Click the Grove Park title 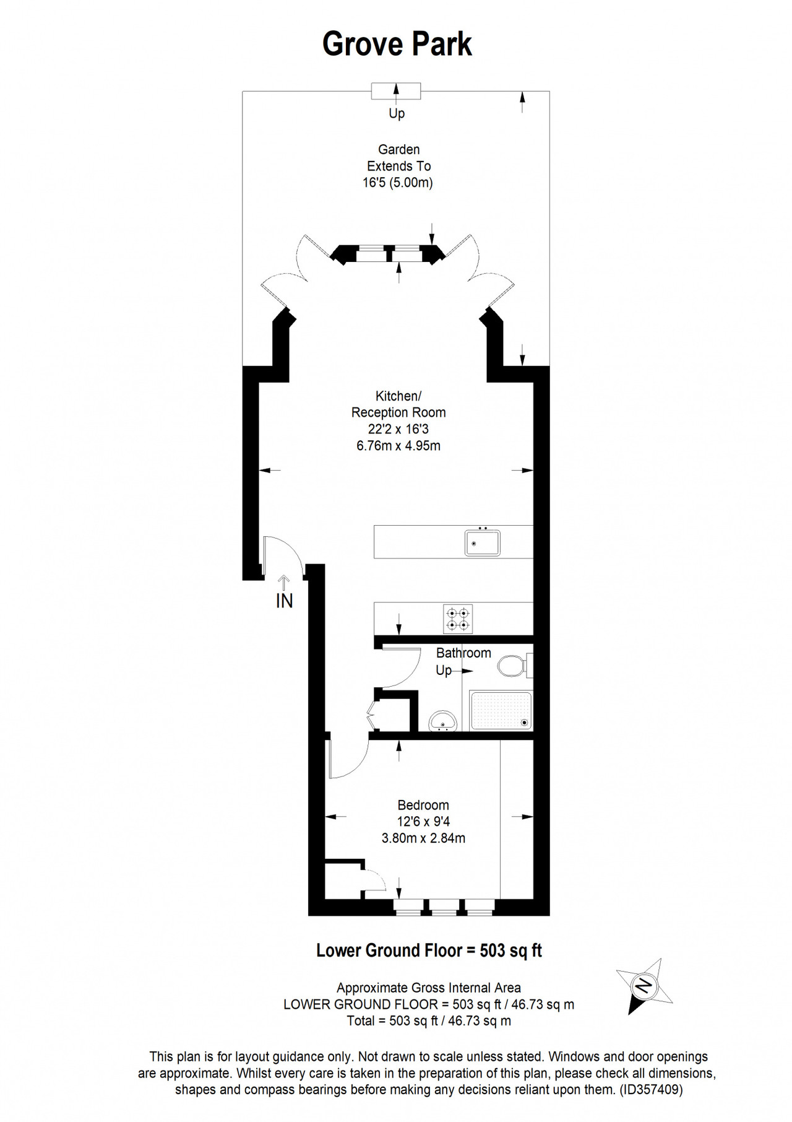[397, 45]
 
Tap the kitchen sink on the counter [482, 542]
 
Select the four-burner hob [458, 619]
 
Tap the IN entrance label [284, 601]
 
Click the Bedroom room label [423, 805]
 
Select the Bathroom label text [463, 653]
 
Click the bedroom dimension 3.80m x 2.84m [423, 838]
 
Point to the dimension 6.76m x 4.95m [398, 446]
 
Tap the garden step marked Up [396, 91]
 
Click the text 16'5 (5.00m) [398, 183]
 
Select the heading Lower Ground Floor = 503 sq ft [429, 950]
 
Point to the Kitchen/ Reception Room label [398, 404]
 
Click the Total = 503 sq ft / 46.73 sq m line [429, 1021]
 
